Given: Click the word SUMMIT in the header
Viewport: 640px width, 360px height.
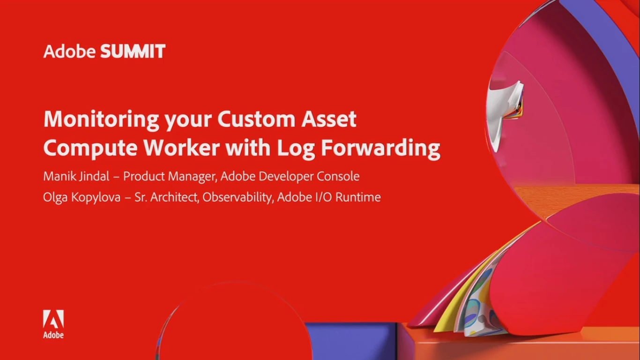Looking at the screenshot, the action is point(133,52).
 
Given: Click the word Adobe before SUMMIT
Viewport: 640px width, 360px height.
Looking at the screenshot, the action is point(69,52).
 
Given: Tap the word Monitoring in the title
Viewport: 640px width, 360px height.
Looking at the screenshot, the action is point(101,120).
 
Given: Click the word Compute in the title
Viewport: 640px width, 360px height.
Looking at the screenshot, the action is point(90,149).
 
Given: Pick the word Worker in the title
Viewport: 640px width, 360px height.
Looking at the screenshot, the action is point(181,148).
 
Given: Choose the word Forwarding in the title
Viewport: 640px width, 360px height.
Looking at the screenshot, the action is point(380,149).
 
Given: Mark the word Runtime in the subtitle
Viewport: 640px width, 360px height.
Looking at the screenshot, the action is point(358,197).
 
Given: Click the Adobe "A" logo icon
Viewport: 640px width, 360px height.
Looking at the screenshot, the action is point(53,319).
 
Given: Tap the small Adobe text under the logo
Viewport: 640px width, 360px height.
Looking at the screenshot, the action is point(53,335).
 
